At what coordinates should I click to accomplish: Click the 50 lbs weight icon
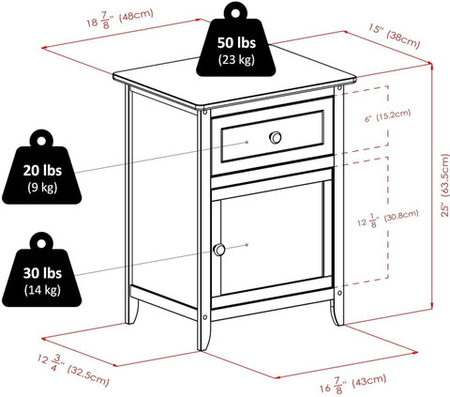tap(235, 40)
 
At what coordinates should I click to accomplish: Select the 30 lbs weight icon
tap(42, 271)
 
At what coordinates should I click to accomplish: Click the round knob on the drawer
tap(276, 137)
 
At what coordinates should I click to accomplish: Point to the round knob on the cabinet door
tap(219, 250)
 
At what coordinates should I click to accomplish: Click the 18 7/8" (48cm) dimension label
tap(120, 19)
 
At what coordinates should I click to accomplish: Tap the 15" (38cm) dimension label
tap(395, 37)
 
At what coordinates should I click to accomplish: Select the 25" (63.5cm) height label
tap(444, 186)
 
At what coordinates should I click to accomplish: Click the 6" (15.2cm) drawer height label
tap(387, 115)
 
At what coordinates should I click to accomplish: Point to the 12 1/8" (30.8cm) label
tap(388, 219)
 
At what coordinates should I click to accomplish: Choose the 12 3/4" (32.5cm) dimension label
tap(74, 370)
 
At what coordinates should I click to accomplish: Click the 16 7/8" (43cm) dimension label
tap(352, 384)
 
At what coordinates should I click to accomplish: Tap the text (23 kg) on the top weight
tap(236, 59)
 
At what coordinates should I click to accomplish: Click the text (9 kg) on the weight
tap(42, 187)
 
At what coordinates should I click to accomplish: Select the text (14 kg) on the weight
tap(42, 290)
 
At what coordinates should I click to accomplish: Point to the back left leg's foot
tap(131, 314)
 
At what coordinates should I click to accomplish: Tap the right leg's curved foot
tap(337, 313)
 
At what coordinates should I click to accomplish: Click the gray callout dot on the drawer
tap(247, 142)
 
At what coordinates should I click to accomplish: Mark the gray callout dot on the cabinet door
tap(247, 245)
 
